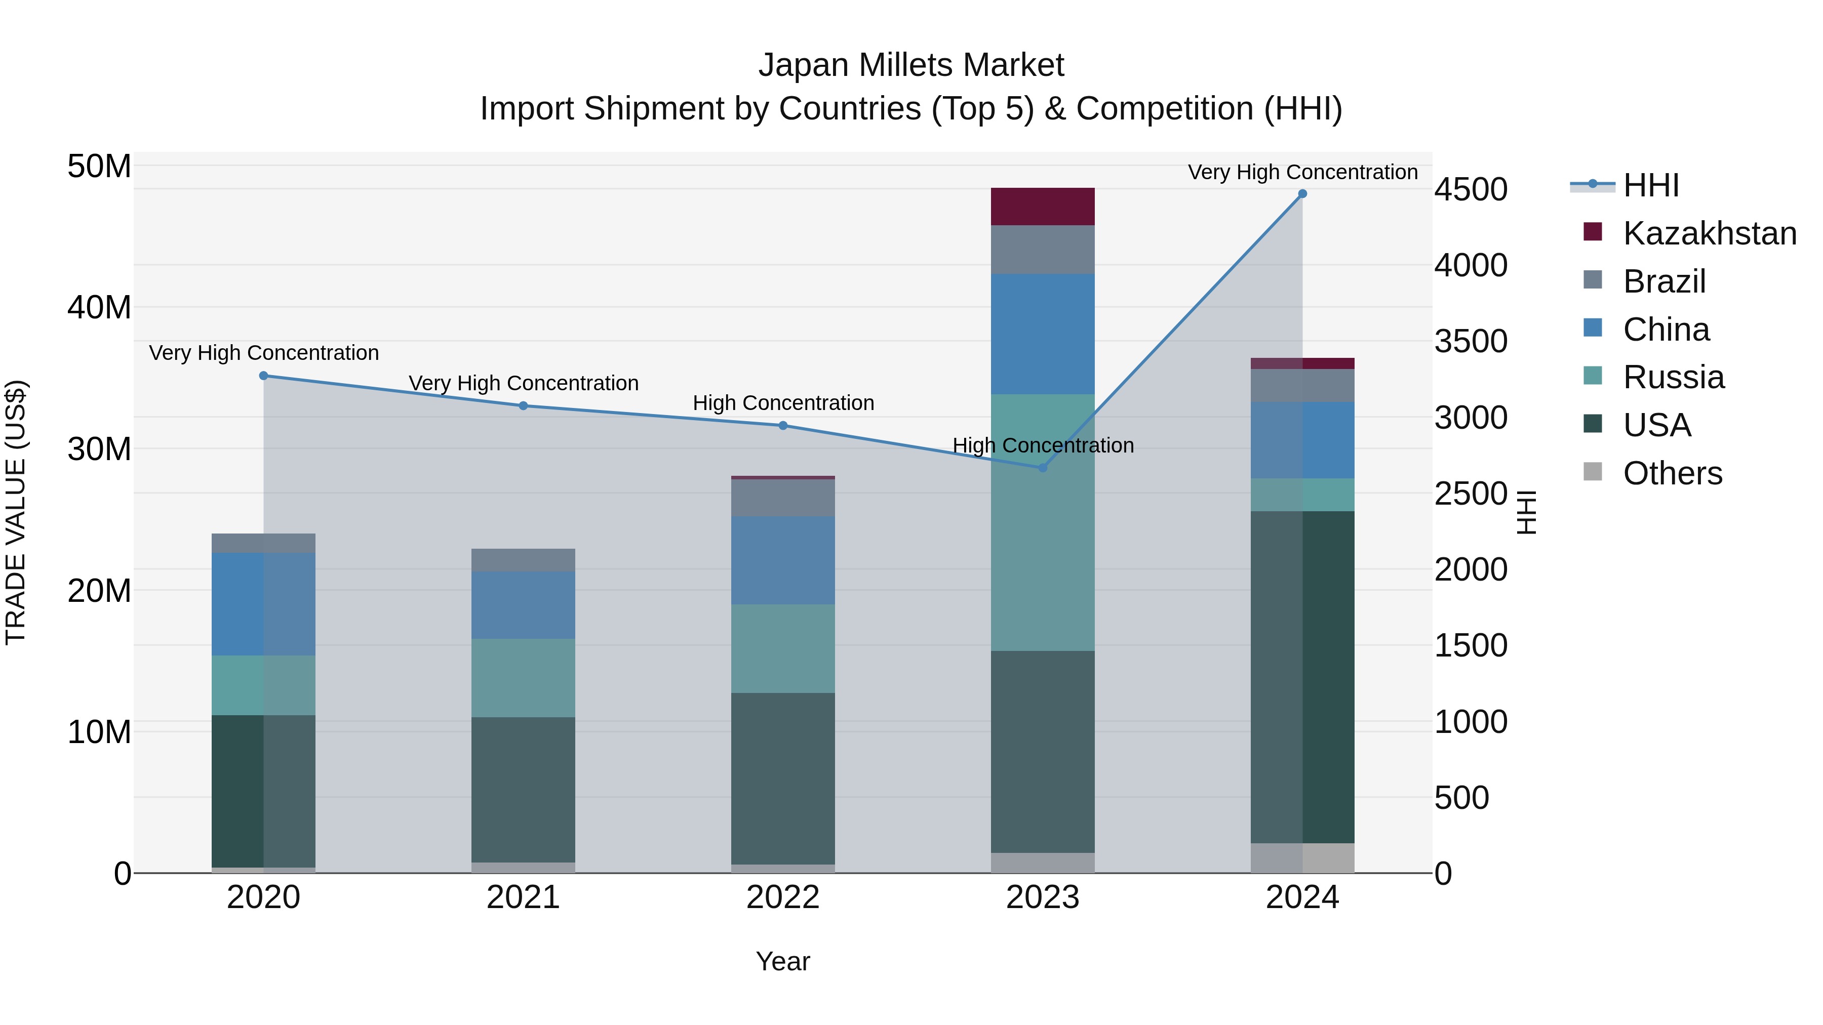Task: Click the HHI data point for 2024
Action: click(1302, 194)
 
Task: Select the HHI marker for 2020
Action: click(263, 376)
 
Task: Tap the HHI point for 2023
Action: click(1043, 468)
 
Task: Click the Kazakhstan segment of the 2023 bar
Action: click(1043, 207)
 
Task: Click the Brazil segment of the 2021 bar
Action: click(523, 559)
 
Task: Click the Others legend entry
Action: click(1672, 473)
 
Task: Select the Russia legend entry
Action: click(1673, 377)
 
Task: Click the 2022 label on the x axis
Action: click(783, 897)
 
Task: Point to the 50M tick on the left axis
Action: click(99, 167)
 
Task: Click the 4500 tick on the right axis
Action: click(1471, 190)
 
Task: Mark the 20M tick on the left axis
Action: click(99, 591)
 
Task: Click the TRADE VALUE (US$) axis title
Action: click(16, 512)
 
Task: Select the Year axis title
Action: click(783, 961)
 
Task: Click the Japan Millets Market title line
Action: click(911, 65)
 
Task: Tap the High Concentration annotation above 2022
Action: click(783, 403)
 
